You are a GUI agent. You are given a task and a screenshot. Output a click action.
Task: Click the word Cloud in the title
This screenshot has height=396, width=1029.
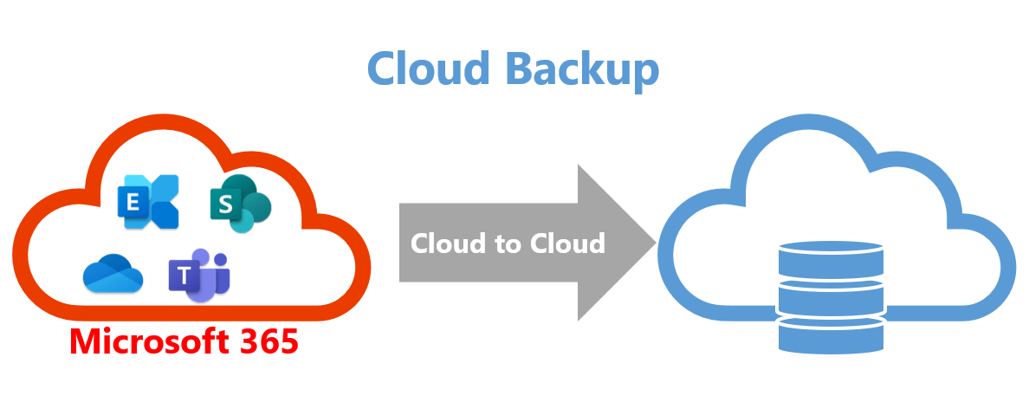[429, 68]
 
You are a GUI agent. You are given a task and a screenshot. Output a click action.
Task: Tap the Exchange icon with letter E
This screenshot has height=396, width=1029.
[147, 201]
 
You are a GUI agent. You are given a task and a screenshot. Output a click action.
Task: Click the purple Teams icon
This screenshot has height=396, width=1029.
[199, 276]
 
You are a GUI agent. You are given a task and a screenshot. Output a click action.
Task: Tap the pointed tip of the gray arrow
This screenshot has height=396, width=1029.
[656, 243]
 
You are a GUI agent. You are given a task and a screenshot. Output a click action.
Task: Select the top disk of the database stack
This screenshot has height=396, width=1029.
[830, 259]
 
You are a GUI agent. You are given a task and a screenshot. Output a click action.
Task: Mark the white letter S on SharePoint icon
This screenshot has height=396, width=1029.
[226, 204]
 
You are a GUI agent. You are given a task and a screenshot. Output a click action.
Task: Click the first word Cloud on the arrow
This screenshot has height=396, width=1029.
[449, 243]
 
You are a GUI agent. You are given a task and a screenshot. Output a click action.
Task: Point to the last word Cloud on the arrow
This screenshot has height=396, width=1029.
[567, 243]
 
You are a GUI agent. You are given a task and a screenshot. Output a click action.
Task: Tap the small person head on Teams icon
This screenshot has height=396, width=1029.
[221, 258]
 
